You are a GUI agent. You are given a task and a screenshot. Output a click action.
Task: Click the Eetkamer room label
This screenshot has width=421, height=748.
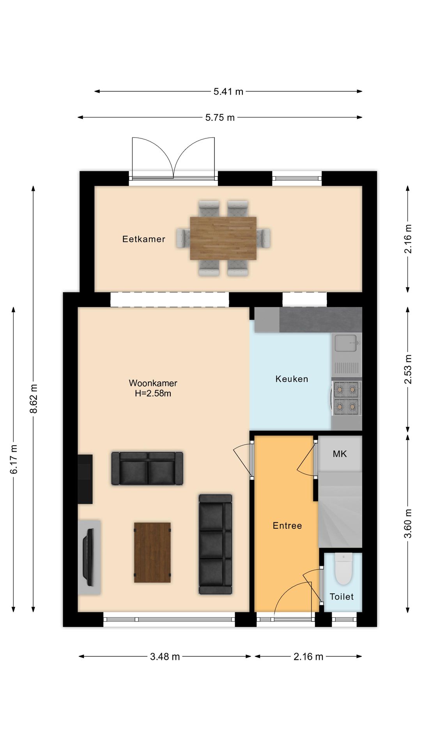143,239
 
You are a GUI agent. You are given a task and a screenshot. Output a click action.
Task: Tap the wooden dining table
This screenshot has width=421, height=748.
223,238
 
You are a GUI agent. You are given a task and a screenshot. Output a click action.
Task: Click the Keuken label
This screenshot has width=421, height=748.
292,379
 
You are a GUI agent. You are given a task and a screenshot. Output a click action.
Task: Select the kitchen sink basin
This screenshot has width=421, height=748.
345,343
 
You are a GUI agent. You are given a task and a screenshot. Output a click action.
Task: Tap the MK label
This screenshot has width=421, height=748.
340,454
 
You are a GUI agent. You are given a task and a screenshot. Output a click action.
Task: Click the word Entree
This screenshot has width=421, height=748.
287,526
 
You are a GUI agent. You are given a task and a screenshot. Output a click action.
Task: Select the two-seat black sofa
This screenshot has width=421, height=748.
147,468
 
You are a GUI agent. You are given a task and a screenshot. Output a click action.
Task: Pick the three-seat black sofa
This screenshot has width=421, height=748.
216,544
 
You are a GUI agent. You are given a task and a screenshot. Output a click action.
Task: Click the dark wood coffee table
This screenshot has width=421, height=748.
152,552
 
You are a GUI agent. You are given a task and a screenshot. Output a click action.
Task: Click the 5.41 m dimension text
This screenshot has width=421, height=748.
228,92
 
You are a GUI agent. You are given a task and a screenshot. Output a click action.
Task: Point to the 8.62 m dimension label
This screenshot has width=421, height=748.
34,399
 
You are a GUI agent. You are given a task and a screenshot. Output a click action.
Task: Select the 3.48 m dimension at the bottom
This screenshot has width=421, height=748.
165,657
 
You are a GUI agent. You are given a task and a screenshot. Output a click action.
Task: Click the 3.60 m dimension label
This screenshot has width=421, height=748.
408,524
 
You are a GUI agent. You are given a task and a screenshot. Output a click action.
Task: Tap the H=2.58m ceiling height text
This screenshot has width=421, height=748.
153,393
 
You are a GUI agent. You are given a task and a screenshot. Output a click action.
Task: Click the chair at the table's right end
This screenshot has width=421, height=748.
265,238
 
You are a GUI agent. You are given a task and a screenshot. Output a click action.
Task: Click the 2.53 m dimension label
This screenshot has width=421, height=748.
408,369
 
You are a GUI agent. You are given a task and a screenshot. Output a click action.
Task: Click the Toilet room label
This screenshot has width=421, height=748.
341,597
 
